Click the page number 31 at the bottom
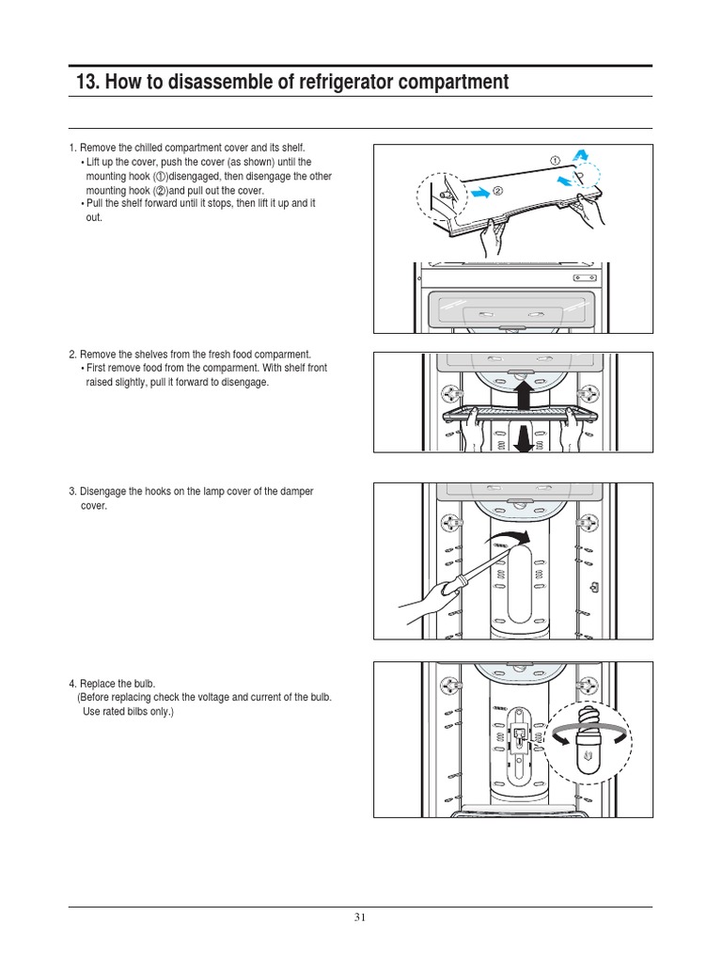(x=360, y=919)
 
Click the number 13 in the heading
(x=87, y=83)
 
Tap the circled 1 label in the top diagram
(x=556, y=161)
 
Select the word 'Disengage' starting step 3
(x=102, y=492)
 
